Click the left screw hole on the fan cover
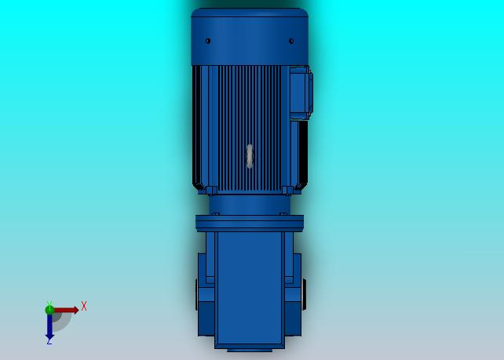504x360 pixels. point(208,41)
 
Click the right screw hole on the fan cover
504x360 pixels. point(291,41)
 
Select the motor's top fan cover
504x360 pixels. point(250,37)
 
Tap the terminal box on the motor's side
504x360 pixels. point(301,93)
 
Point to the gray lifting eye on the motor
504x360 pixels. point(250,156)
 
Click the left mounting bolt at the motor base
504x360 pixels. point(211,191)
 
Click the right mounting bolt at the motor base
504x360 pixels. point(287,191)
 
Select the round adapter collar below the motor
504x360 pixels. point(250,205)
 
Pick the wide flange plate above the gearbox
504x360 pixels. point(250,224)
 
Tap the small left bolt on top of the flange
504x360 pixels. point(216,213)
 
